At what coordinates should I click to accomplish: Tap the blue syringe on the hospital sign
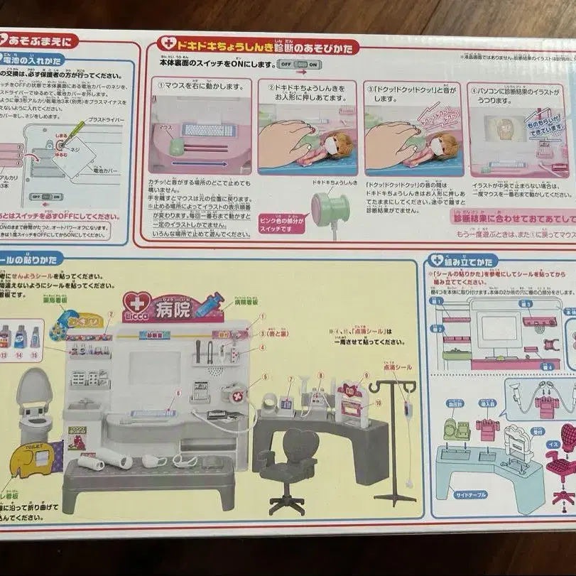point(211,306)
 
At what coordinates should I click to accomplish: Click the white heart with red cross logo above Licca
point(134,302)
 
